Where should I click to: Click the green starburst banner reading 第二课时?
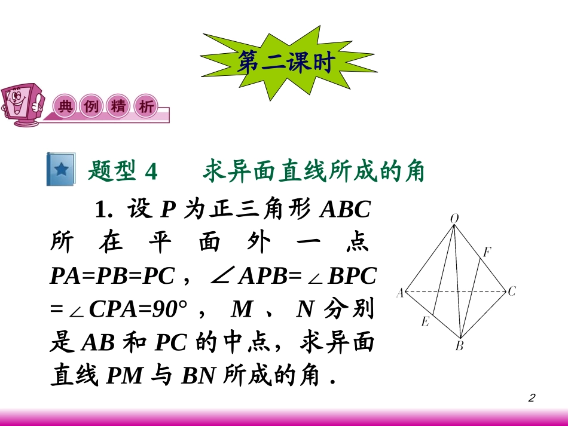coord(284,62)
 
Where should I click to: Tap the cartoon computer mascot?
coord(23,105)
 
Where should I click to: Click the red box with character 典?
coord(65,106)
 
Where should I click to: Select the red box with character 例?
coord(91,106)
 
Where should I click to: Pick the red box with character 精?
coord(118,106)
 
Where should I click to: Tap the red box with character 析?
coord(145,106)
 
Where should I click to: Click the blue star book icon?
coord(60,170)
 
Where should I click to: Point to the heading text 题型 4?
coord(123,172)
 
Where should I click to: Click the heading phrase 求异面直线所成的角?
coord(313,172)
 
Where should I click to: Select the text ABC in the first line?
coord(346,210)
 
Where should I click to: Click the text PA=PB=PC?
coord(112,276)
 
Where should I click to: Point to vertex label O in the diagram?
coord(454,219)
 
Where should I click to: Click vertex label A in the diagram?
coord(399,293)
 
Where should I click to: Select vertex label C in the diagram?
coord(512,292)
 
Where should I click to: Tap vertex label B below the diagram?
coord(459,346)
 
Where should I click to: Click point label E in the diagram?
coord(425,322)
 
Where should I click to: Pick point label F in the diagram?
coord(487,252)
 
